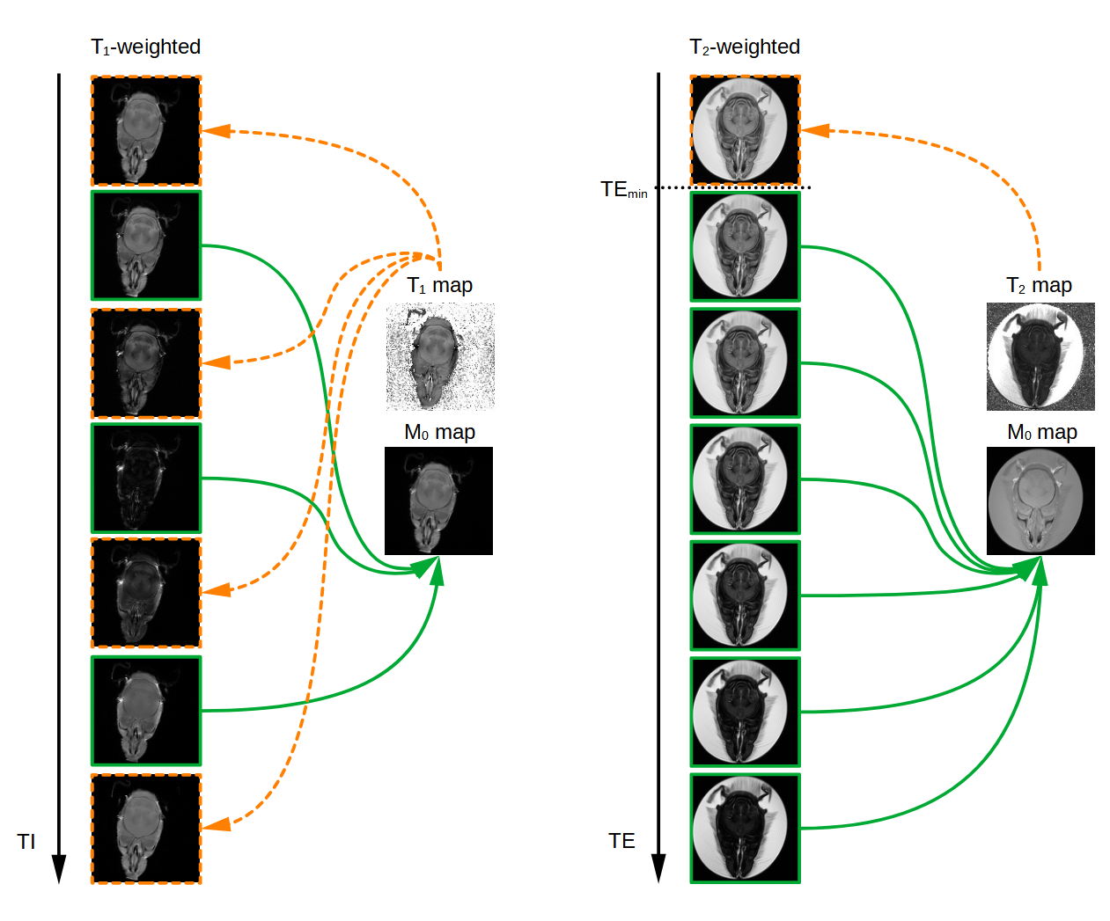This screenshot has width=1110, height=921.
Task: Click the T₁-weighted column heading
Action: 145,47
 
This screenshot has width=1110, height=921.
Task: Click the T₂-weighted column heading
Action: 745,47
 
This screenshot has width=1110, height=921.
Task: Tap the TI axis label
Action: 26,842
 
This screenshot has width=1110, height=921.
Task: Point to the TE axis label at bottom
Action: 621,841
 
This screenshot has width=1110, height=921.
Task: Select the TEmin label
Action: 623,190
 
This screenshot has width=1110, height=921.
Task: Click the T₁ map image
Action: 440,357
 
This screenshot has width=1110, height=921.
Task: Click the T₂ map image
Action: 1040,357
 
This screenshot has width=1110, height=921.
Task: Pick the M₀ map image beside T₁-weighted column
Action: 438,501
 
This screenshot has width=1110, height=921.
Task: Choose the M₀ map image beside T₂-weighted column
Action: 1040,501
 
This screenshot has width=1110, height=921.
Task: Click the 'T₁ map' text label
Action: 440,286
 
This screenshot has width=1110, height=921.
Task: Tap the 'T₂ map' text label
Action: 1039,286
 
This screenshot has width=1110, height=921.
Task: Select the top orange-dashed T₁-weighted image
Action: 146,131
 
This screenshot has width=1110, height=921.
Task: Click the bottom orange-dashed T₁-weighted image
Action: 146,829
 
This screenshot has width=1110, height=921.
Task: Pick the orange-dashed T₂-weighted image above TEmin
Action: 745,131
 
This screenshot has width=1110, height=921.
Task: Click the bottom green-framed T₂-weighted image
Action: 745,828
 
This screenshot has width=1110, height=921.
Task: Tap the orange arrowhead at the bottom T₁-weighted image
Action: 217,824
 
